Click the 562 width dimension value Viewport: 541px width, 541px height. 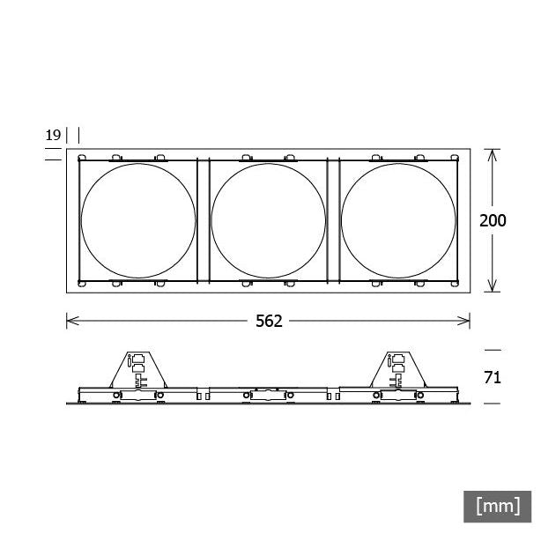coord(269,322)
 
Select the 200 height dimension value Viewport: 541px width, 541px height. coord(493,221)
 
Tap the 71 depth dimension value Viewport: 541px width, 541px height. coord(493,378)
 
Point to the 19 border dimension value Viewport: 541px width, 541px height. coord(53,135)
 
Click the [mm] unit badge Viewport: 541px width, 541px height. coord(498,507)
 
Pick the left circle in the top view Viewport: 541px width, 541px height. coord(81,221)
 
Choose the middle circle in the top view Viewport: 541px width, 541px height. coord(211,221)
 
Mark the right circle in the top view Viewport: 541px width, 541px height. coord(342,221)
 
